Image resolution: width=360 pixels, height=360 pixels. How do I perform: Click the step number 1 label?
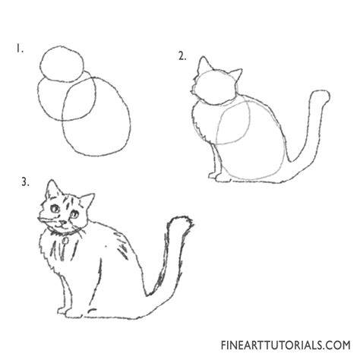point(20,49)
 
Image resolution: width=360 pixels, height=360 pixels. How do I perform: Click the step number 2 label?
point(182,56)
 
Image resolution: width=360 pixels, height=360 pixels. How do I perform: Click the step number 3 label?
point(25,182)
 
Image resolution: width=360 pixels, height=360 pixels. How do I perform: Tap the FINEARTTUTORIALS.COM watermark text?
point(286,345)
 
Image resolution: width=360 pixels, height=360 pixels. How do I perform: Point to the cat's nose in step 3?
point(62,223)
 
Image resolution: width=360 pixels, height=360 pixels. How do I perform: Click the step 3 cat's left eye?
point(55,209)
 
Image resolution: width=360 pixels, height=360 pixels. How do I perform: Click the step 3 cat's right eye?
point(74,215)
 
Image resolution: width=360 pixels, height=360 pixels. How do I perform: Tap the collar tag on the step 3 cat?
point(65,240)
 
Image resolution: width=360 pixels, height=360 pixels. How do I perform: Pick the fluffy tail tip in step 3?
point(182,223)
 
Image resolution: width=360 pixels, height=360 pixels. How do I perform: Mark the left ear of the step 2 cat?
point(204,65)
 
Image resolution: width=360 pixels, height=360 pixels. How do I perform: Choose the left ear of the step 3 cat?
point(52,189)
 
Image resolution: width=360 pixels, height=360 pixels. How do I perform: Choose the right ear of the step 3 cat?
point(87,201)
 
